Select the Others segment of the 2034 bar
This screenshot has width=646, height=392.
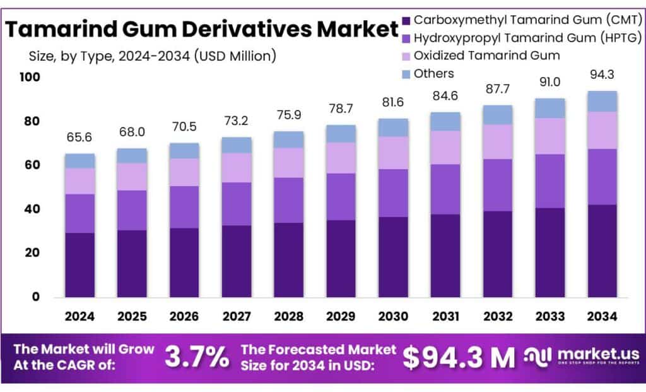[601, 101]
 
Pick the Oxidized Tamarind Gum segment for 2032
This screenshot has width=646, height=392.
[497, 141]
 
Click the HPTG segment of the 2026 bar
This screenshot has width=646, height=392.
[184, 206]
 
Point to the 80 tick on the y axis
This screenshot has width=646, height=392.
[31, 121]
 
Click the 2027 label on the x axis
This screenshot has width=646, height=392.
[237, 316]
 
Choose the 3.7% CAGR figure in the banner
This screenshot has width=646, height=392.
[197, 358]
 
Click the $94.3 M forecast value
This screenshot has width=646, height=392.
[459, 358]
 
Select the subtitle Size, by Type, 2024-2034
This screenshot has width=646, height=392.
[152, 56]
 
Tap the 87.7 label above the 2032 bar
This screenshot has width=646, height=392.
[498, 88]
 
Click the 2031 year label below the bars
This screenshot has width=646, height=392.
[445, 316]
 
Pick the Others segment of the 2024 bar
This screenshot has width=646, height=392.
[80, 160]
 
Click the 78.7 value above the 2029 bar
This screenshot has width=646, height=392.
[341, 109]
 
